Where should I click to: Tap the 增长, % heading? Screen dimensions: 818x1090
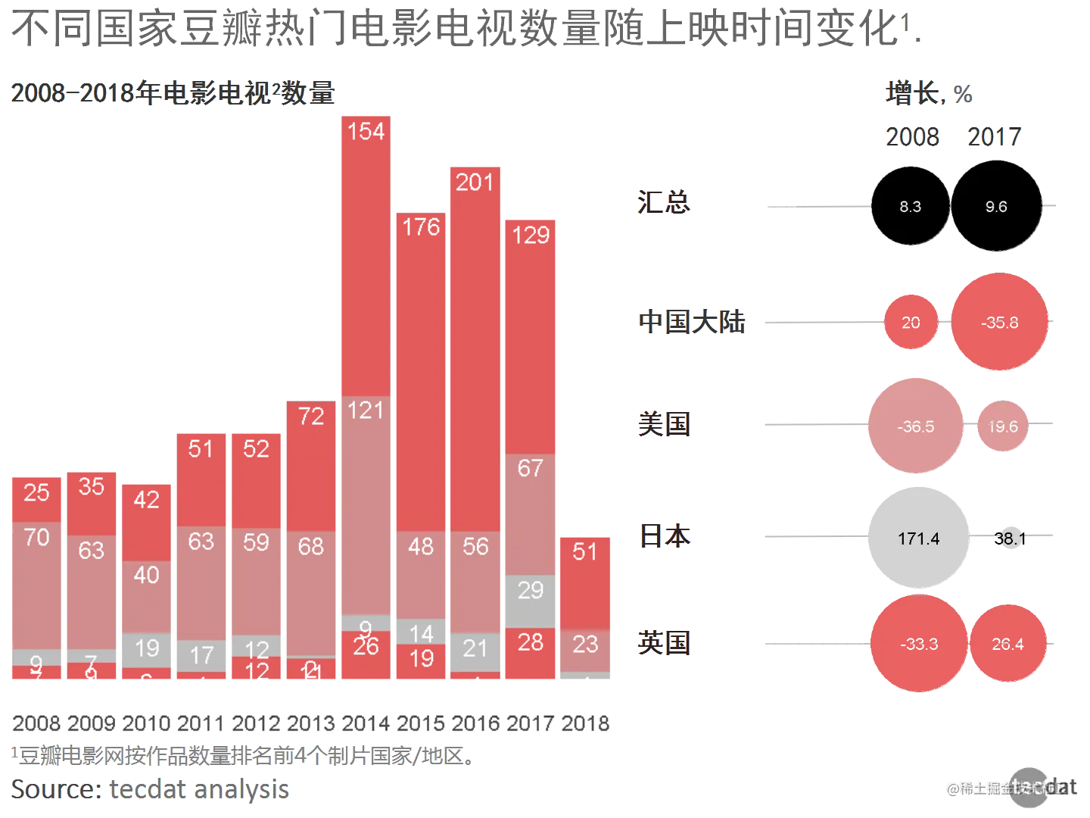click(x=928, y=94)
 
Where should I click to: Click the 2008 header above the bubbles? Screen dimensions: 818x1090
click(x=911, y=137)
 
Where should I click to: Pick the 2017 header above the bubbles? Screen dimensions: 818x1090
click(x=995, y=137)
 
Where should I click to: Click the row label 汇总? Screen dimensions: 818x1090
click(x=663, y=203)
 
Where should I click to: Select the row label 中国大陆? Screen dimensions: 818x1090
click(x=690, y=322)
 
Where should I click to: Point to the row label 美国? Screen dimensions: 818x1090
click(x=663, y=424)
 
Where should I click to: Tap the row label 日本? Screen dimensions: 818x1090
click(x=663, y=537)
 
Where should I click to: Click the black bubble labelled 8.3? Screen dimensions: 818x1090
click(x=910, y=207)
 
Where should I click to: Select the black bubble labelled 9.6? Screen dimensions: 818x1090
click(x=995, y=207)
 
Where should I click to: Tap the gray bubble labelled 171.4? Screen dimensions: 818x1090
click(x=918, y=539)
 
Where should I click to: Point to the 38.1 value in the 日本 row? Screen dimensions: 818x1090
click(x=1010, y=539)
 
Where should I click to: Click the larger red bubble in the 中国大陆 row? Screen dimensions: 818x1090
click(x=1000, y=322)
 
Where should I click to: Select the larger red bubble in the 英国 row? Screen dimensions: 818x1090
click(x=919, y=644)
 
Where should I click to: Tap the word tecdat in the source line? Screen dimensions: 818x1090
click(x=147, y=789)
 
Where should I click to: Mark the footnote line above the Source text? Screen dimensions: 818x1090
click(x=242, y=756)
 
